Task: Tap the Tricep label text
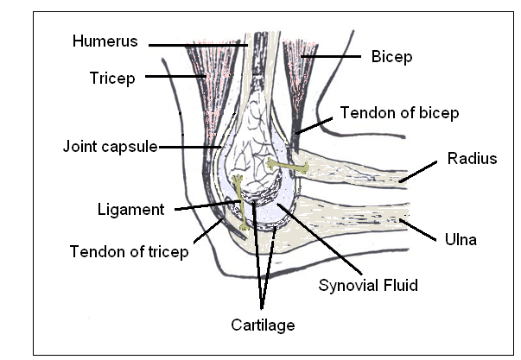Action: tap(111, 78)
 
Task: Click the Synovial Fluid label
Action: tap(368, 284)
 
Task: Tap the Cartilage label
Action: tap(262, 325)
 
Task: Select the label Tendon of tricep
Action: tap(129, 252)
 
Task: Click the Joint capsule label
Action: tap(109, 146)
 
